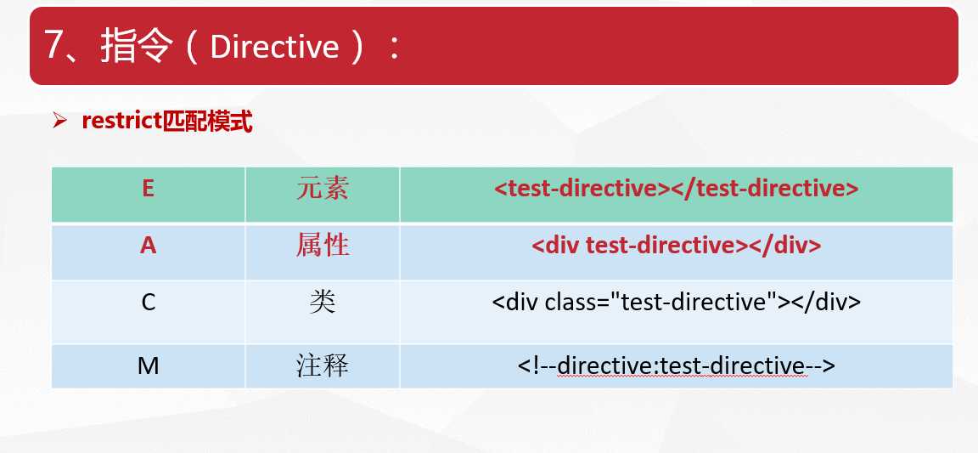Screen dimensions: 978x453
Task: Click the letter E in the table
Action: (148, 188)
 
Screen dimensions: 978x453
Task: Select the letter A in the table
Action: (148, 246)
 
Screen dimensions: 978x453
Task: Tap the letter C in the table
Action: (148, 303)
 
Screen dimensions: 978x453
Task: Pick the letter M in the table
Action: (148, 365)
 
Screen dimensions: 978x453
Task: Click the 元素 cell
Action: (323, 188)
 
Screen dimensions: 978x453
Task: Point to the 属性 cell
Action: (323, 246)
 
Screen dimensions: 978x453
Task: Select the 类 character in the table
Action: (323, 303)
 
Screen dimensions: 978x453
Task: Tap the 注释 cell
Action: (323, 365)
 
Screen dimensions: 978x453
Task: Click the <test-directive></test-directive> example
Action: (676, 188)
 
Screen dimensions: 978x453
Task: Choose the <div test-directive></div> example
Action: (676, 246)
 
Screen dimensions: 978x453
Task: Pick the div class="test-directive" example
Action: (676, 303)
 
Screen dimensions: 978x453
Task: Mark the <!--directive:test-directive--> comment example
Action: (676, 365)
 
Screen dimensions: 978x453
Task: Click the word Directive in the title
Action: (274, 47)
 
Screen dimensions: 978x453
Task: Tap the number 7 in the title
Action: (54, 47)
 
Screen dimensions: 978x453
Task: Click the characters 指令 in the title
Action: (135, 47)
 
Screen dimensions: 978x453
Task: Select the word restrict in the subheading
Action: (121, 122)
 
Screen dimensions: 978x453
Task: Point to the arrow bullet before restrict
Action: (60, 122)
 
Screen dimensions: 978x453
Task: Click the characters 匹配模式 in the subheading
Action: (207, 122)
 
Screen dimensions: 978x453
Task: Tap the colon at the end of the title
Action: (393, 48)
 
